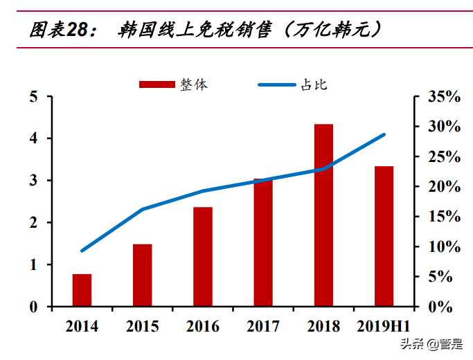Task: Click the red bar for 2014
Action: coord(82,290)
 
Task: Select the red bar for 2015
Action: coord(142,275)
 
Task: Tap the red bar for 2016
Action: coord(203,257)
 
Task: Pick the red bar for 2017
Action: coord(263,242)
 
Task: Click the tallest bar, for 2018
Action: coord(323,215)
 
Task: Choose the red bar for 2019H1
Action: coord(384,236)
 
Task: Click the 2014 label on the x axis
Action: coord(82,327)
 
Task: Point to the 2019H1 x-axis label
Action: coord(384,327)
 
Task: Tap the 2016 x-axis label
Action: coord(203,327)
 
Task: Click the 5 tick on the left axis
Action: coord(33,97)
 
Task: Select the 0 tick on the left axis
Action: coord(33,307)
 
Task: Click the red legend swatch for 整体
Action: coord(157,84)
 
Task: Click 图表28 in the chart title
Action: coord(59,29)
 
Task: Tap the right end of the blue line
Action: coord(384,135)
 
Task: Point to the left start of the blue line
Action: coord(82,250)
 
